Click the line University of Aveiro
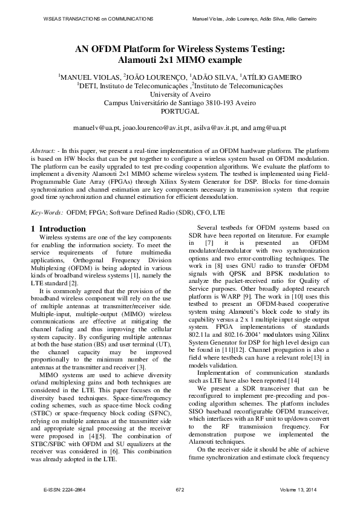(x=180, y=94)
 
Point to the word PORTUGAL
(x=180, y=111)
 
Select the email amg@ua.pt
(x=272, y=128)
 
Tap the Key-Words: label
(x=47, y=213)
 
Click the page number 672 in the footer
(x=180, y=489)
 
